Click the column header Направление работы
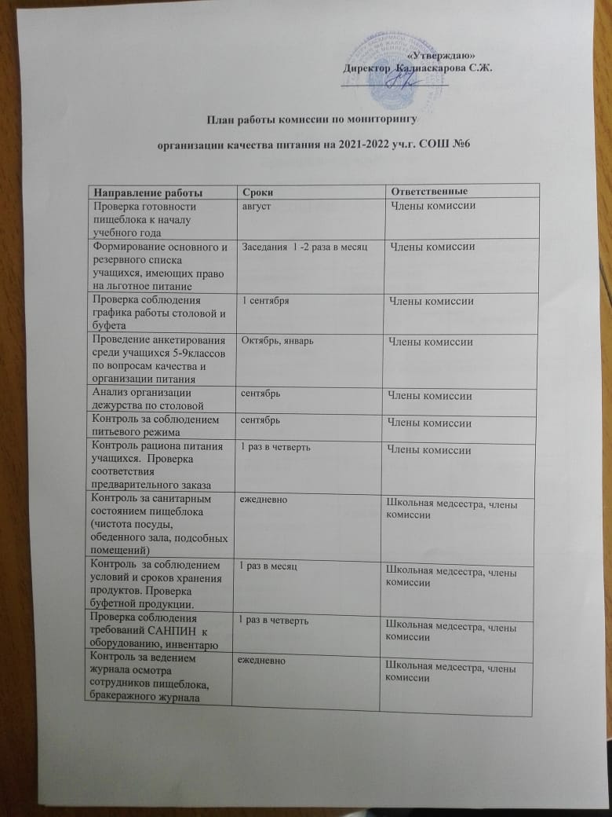pyautogui.click(x=144, y=192)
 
